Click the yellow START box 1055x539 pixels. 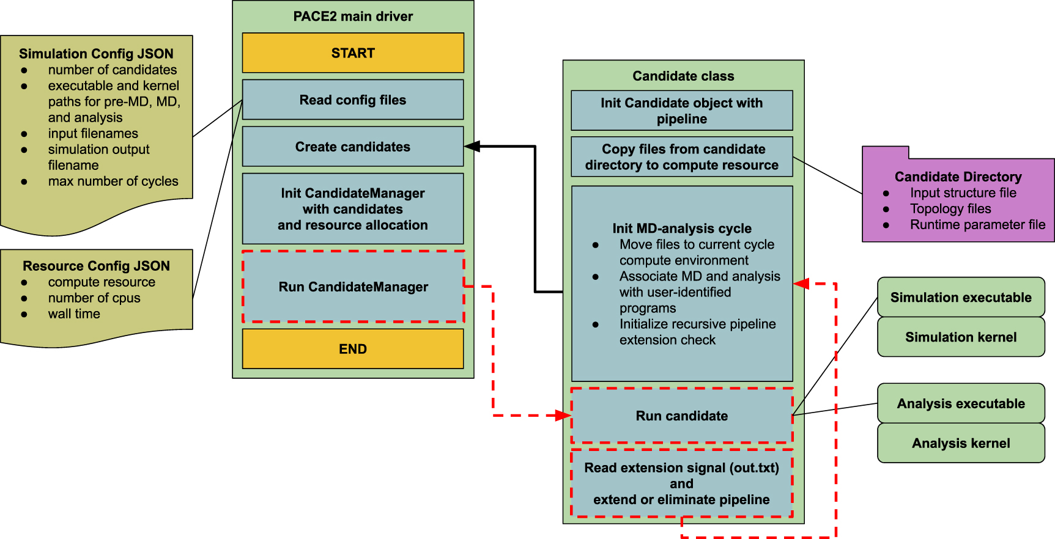[x=353, y=53]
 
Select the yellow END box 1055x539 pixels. [x=353, y=349]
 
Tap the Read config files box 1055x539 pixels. [x=353, y=100]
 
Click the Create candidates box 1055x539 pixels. [x=353, y=147]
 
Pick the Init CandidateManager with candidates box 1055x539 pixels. [x=353, y=209]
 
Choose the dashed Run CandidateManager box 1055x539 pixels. [x=353, y=287]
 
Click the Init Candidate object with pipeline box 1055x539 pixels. [x=681, y=111]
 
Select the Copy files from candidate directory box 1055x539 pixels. [x=681, y=157]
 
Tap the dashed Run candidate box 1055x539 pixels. [x=681, y=416]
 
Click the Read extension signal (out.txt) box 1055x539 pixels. [x=681, y=483]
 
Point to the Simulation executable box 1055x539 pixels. [x=960, y=298]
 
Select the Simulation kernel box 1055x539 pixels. [x=960, y=337]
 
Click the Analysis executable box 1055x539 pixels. [x=960, y=403]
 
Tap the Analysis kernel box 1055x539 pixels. [x=960, y=443]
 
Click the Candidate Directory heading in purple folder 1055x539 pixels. [x=958, y=177]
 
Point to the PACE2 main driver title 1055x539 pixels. [x=353, y=16]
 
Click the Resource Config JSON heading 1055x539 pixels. [x=96, y=266]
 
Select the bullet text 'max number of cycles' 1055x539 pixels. [x=113, y=181]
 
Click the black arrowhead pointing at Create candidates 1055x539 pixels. [x=472, y=147]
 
